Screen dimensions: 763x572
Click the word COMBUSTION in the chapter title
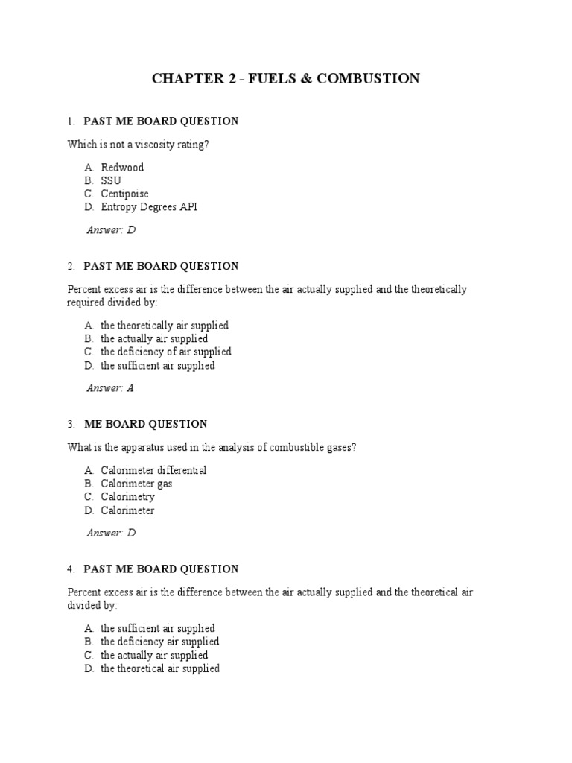[x=368, y=78]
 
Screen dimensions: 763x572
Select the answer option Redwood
[x=122, y=167]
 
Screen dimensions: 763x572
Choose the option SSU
[x=111, y=180]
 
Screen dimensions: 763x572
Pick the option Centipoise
[x=125, y=194]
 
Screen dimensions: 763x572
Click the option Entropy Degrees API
[x=149, y=207]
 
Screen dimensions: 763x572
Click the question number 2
[x=70, y=266]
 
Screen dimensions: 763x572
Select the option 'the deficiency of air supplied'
[x=166, y=352]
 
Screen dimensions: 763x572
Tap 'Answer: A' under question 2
[x=110, y=387]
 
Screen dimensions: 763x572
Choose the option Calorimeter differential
[x=153, y=470]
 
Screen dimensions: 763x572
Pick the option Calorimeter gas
[x=136, y=484]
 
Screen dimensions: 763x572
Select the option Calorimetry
[x=128, y=497]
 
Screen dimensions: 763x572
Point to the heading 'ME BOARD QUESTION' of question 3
[x=145, y=424]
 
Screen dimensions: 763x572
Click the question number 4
[x=70, y=569]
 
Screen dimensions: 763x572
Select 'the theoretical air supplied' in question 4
[x=160, y=668]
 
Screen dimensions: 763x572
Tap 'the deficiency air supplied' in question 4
[x=159, y=642]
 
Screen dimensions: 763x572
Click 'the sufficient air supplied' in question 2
[x=158, y=365]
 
